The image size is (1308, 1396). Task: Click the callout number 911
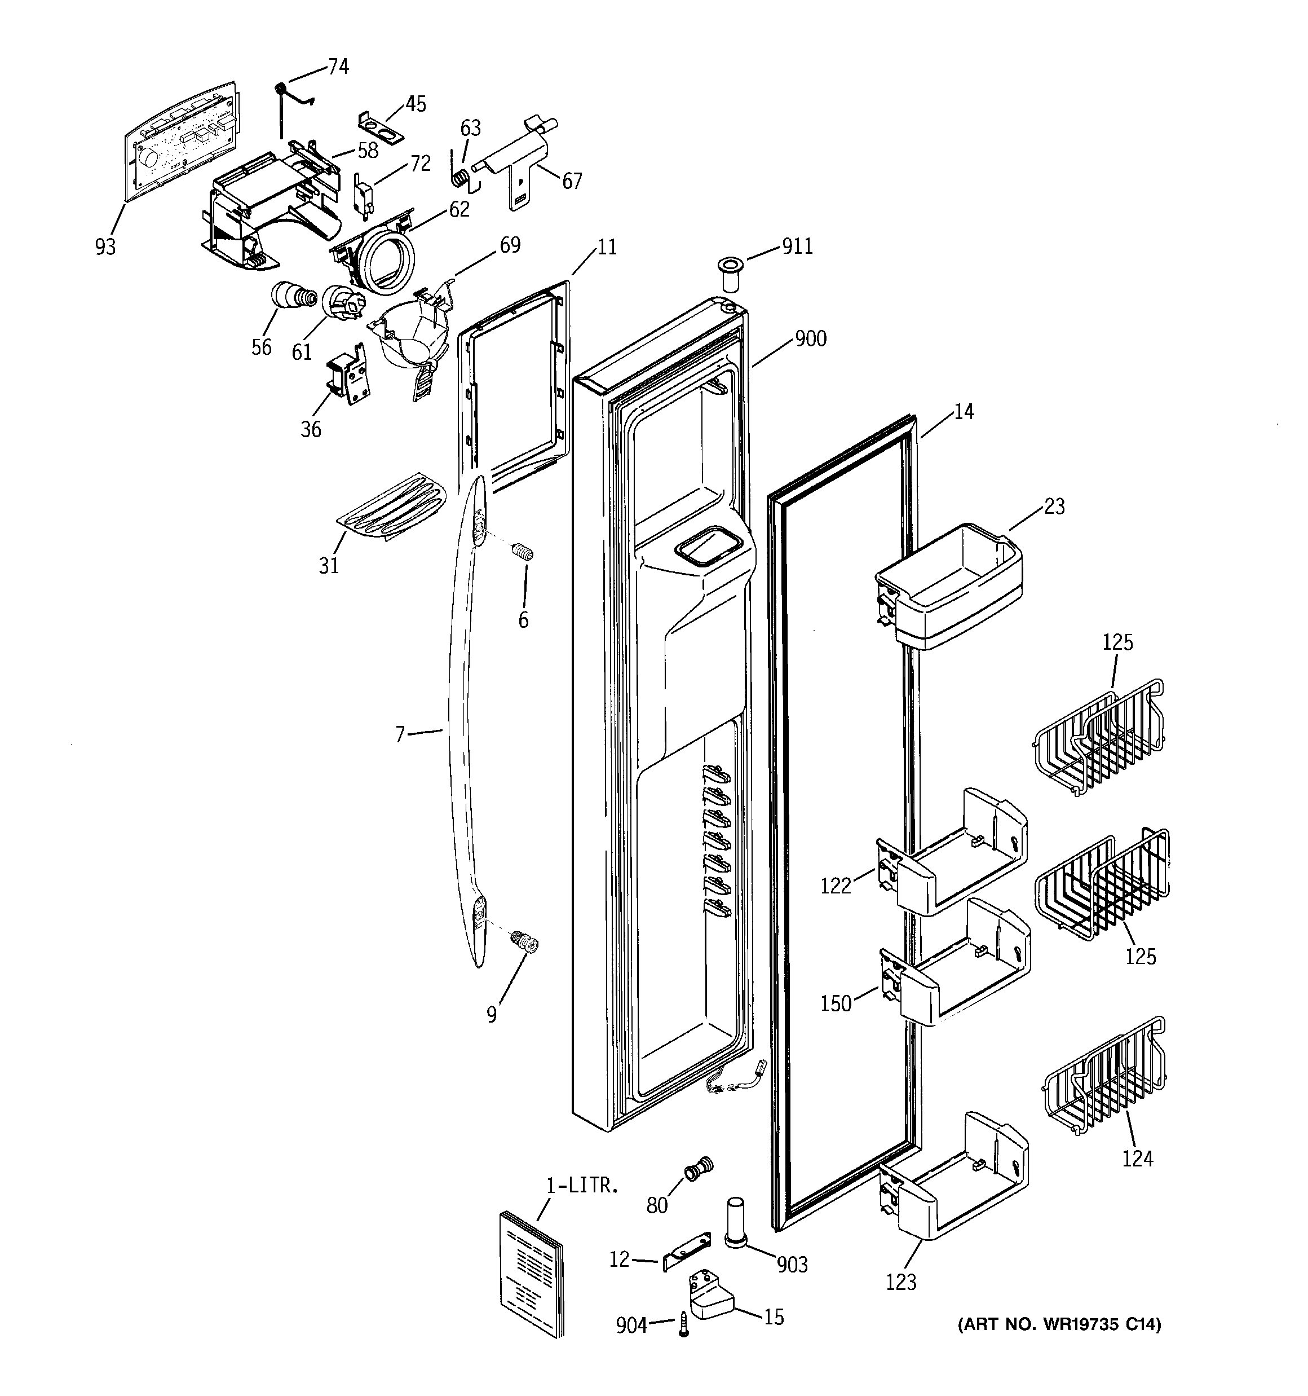coord(797,246)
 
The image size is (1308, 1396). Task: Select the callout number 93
coord(105,247)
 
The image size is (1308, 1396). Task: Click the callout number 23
coord(1054,507)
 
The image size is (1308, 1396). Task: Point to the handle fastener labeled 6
coord(523,553)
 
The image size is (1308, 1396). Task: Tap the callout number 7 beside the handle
coord(400,734)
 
